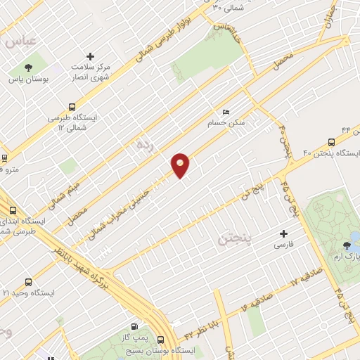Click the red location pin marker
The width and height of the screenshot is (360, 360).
point(181,165)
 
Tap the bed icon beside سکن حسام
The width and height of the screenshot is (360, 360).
point(225,112)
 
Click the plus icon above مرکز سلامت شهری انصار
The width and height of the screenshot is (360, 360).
point(90,56)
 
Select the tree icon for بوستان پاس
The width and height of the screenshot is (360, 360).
point(28,68)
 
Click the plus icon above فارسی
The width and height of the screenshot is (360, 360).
point(284,233)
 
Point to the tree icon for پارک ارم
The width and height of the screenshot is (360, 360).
point(346,245)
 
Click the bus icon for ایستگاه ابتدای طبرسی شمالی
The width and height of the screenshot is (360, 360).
point(13,210)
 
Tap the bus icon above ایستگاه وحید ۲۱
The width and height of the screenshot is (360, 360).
point(28,281)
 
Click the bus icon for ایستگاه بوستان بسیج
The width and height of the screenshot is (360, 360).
point(161,339)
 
